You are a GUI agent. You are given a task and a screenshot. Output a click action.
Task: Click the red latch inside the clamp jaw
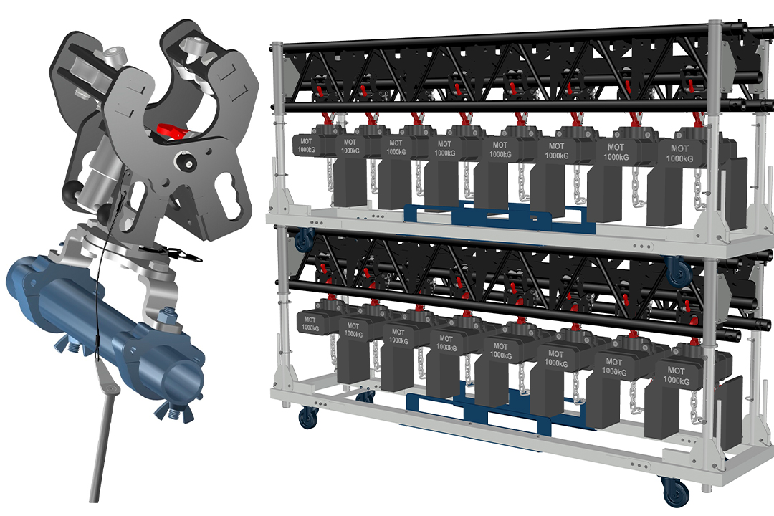click(x=172, y=132)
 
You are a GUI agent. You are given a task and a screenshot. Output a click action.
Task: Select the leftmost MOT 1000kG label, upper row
click(x=306, y=145)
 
